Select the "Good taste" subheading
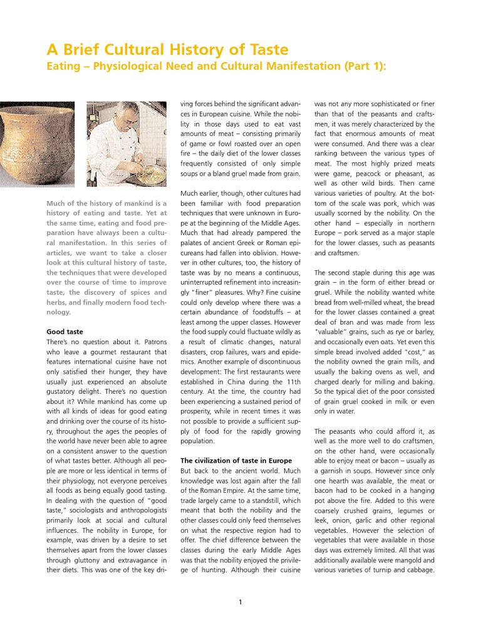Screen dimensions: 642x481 [65, 331]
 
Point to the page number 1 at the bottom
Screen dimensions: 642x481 [240, 603]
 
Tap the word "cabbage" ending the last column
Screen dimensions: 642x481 [436, 569]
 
